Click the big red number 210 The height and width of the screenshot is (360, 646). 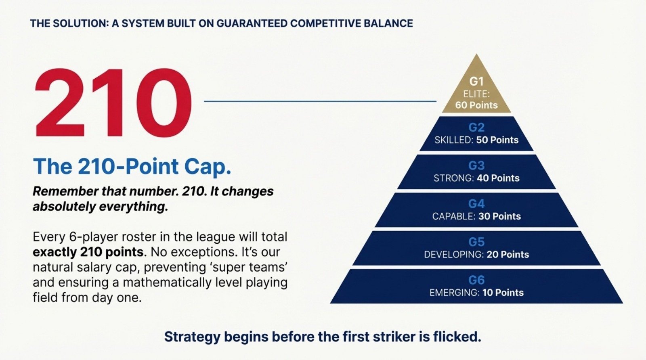pos(113,103)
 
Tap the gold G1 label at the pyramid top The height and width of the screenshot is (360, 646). pos(476,82)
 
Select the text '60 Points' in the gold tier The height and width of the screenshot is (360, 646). pos(476,105)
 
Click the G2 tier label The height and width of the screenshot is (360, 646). pos(476,128)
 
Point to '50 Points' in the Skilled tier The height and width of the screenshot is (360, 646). pos(497,140)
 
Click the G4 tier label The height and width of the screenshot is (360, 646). pos(476,204)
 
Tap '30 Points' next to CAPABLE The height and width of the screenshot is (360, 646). pos(499,217)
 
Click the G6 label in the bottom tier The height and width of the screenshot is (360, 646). pos(476,280)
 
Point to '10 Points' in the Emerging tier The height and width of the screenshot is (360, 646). pos(503,293)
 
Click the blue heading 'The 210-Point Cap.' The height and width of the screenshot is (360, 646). pos(132,167)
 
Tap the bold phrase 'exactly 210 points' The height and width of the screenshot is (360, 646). pos(88,252)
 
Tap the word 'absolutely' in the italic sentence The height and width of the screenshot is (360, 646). pos(65,207)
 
